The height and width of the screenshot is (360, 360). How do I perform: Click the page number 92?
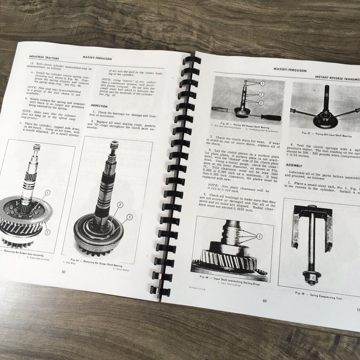(63, 272)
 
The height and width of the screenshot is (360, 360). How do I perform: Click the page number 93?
(264, 301)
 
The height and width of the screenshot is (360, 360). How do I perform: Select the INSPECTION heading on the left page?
(99, 105)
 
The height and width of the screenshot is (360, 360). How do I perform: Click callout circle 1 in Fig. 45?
(262, 83)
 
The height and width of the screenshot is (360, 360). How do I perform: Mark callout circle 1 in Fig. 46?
(259, 236)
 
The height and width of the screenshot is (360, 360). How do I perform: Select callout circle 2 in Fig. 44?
(120, 204)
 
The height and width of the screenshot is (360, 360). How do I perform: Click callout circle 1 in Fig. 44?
(129, 217)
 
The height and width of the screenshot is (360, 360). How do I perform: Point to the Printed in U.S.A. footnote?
(197, 287)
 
